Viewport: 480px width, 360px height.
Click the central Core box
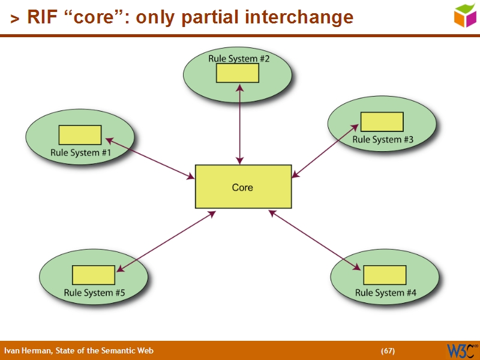click(x=243, y=187)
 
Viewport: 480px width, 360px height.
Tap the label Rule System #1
click(x=81, y=152)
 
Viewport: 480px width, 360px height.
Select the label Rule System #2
click(x=239, y=58)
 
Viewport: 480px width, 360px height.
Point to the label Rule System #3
click(x=383, y=139)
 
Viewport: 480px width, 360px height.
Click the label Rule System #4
click(x=385, y=293)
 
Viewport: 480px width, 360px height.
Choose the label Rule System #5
click(x=94, y=293)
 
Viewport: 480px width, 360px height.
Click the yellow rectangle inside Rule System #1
click(x=80, y=135)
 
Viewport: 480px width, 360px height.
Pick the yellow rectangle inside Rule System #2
click(x=238, y=73)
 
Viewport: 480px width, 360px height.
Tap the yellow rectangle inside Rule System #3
click(x=382, y=122)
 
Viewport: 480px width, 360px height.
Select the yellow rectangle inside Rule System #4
click(x=385, y=275)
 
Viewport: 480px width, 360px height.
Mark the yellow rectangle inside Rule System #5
click(x=94, y=275)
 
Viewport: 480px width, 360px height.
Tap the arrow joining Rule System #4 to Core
click(x=315, y=239)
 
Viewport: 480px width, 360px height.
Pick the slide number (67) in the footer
click(x=388, y=350)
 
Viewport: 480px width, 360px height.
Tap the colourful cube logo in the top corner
click(x=464, y=15)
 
